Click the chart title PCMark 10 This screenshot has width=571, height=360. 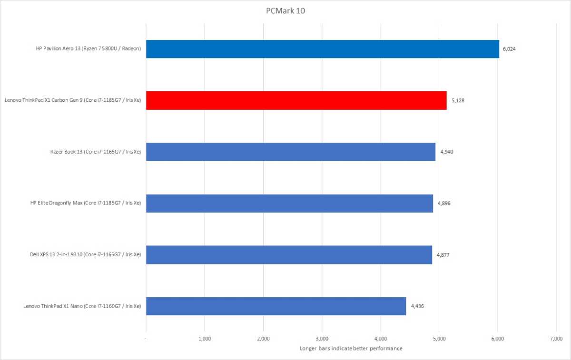pos(285,10)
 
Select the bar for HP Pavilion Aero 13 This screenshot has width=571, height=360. pos(322,49)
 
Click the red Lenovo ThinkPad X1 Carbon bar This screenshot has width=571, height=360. pos(296,100)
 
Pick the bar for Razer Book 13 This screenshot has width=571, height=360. pos(290,152)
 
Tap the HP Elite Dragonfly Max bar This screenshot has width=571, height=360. pos(289,203)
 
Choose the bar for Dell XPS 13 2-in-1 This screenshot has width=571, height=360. pos(289,255)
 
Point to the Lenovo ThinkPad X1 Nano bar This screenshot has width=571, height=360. pos(276,306)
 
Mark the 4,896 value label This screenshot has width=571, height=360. pos(443,203)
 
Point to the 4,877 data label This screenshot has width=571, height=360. pos(443,255)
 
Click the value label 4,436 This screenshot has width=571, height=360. pos(417,306)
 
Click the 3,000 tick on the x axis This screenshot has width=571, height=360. pos(322,339)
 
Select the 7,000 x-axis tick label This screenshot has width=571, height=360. pos(556,339)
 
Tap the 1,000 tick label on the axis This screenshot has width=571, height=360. pos(205,339)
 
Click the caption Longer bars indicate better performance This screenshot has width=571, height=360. pos(351,349)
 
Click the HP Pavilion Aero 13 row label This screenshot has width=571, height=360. pos(86,49)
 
